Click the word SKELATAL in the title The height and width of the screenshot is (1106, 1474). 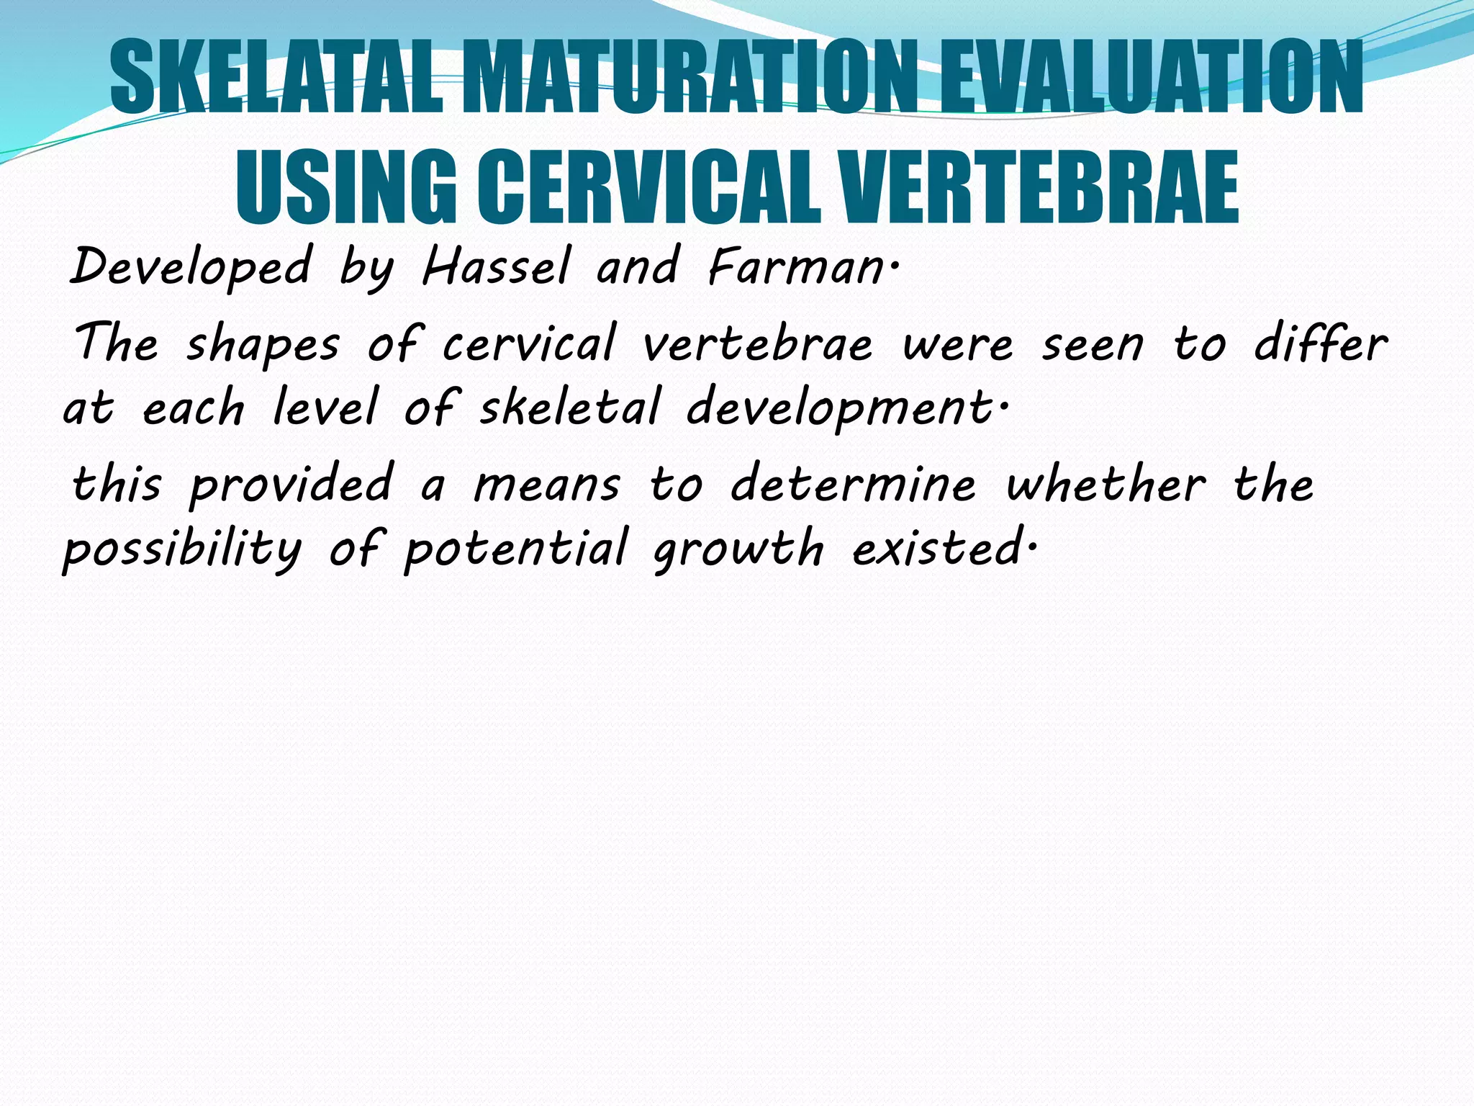click(277, 78)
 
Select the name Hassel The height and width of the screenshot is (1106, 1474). click(496, 266)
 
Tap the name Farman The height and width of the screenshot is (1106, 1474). click(796, 266)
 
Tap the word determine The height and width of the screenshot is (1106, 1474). click(854, 483)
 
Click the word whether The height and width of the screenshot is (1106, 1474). click(1105, 483)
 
